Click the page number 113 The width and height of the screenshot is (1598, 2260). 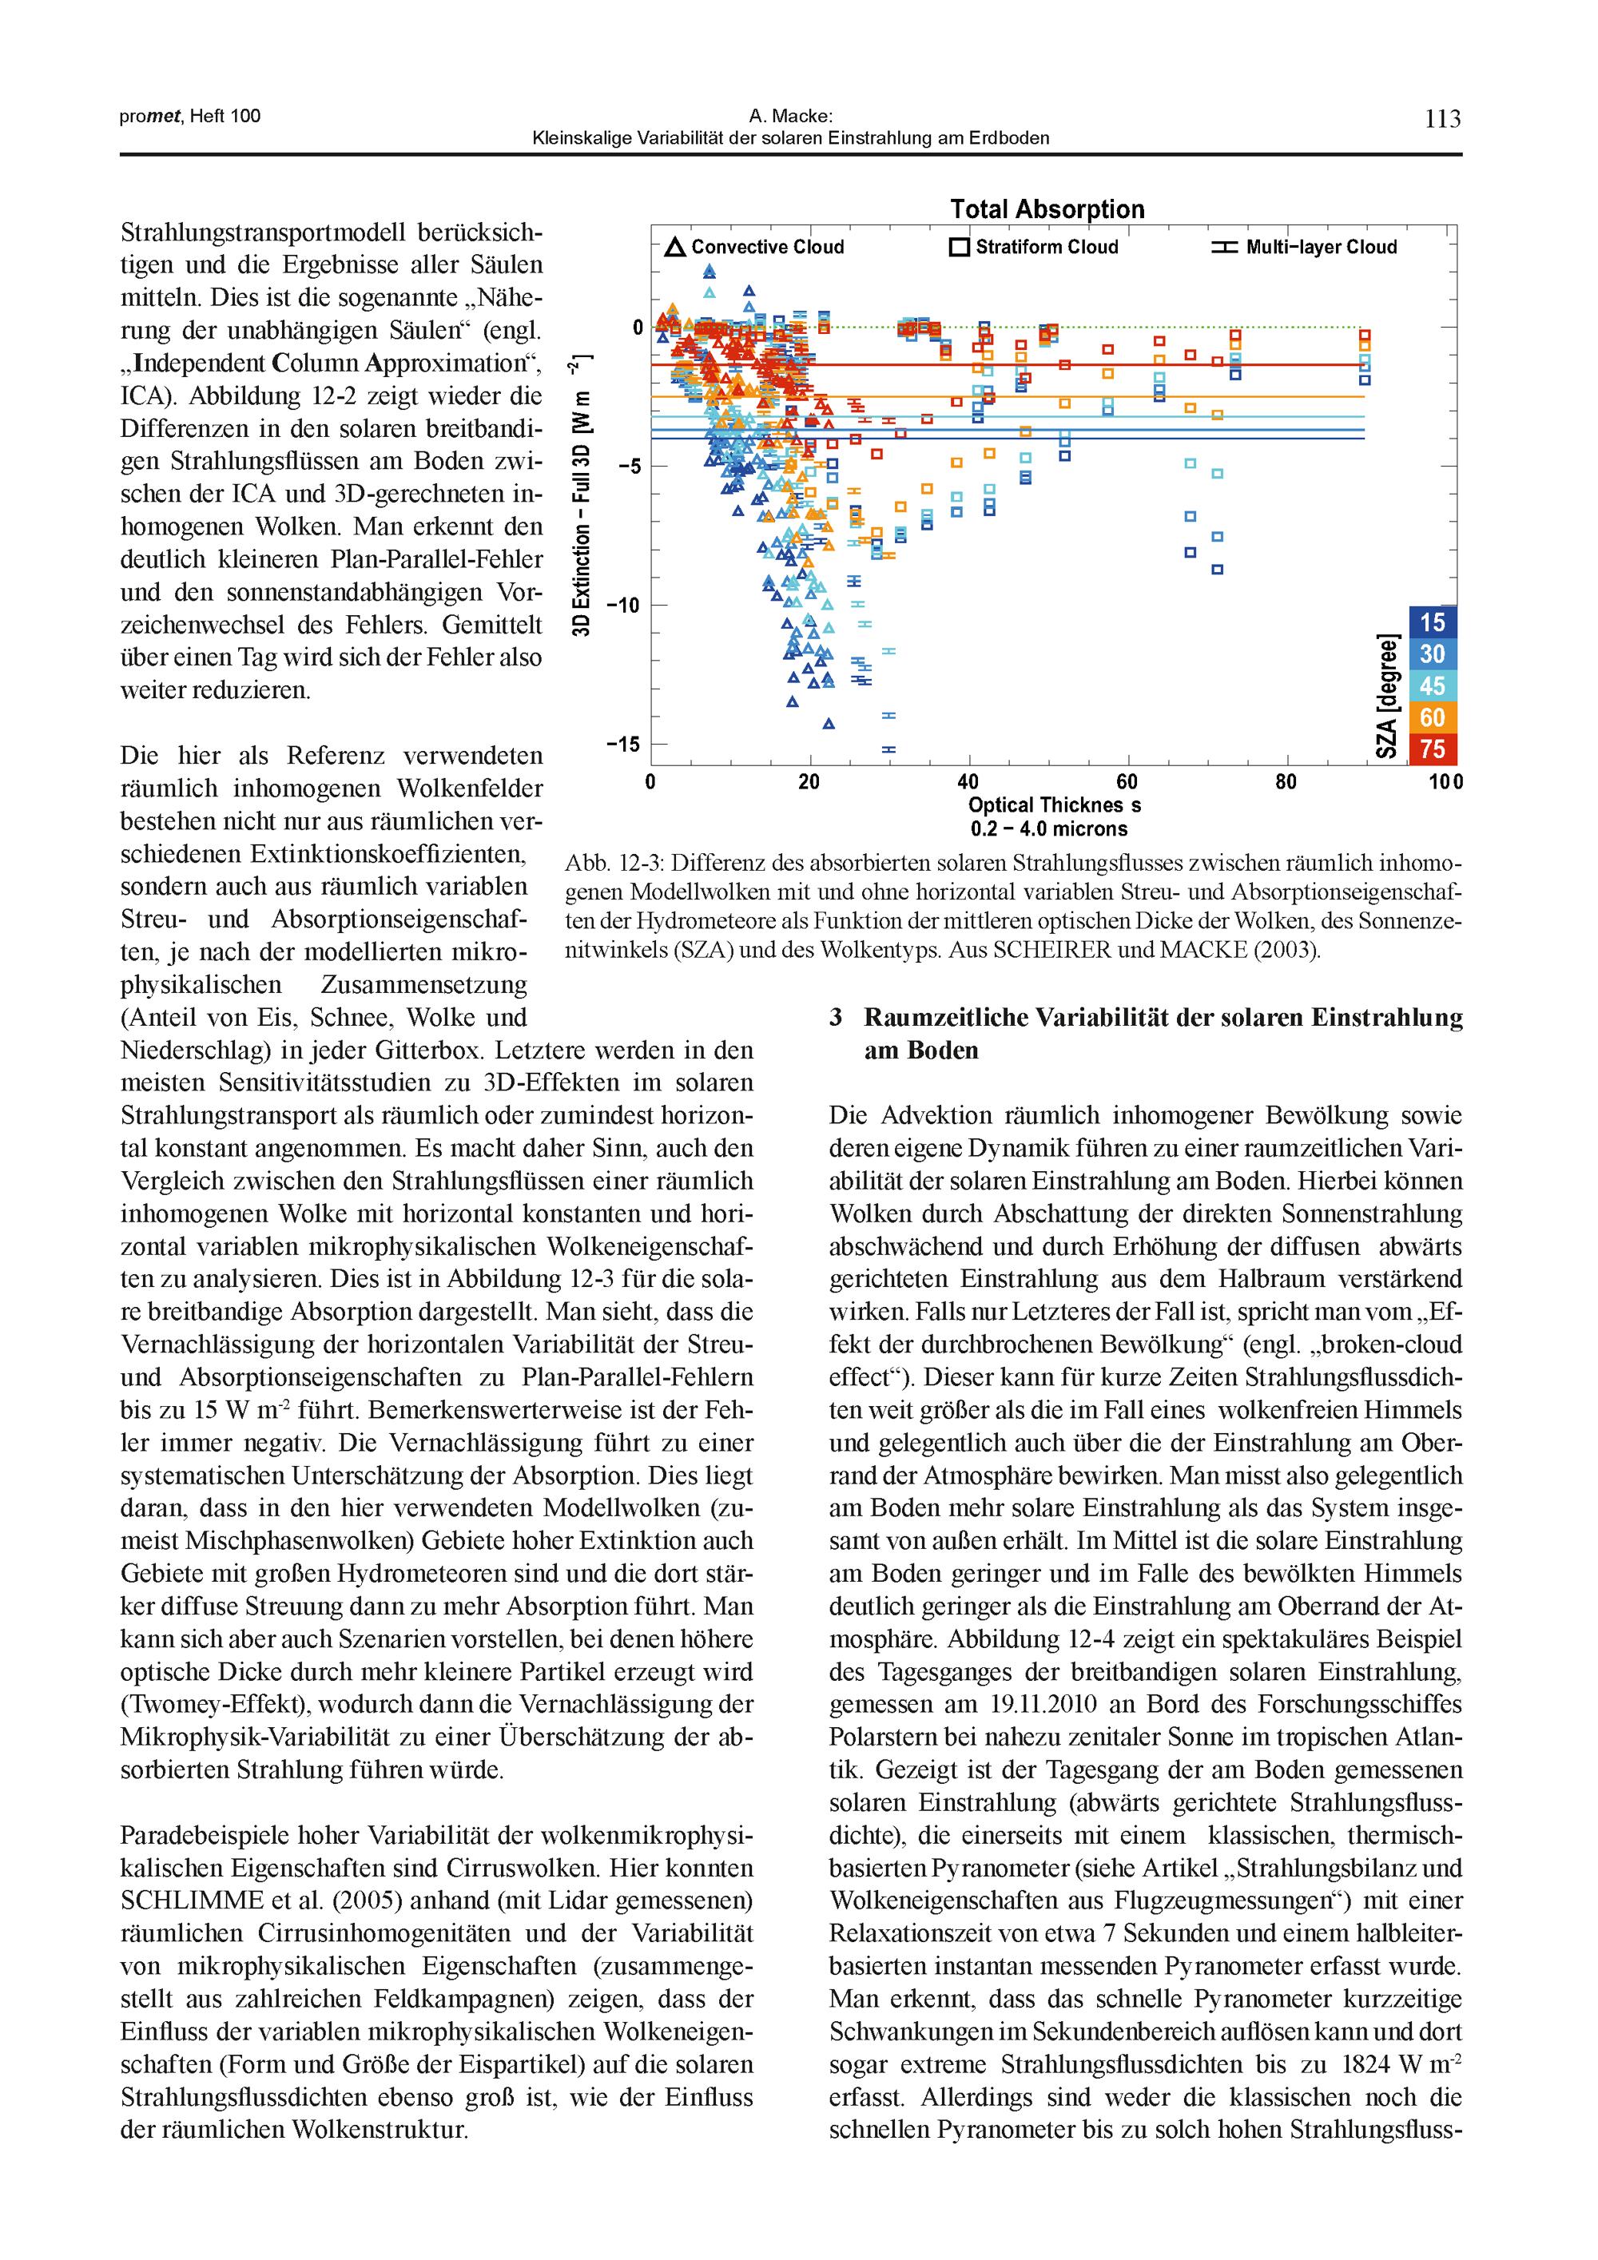click(x=1442, y=119)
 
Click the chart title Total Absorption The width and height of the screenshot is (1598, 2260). click(x=1047, y=209)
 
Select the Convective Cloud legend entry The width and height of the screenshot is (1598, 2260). click(x=755, y=247)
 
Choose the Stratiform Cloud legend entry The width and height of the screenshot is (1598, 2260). click(x=1034, y=247)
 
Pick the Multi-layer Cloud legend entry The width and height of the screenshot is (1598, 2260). click(x=1305, y=247)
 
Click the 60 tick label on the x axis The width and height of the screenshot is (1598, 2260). click(x=1127, y=783)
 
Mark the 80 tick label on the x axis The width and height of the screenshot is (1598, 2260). click(x=1286, y=783)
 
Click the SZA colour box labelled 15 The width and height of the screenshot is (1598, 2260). click(x=1433, y=622)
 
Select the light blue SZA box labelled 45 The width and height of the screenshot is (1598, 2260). click(x=1433, y=686)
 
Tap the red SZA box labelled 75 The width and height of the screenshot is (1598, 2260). click(x=1433, y=749)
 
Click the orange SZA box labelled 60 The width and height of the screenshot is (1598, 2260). click(x=1433, y=717)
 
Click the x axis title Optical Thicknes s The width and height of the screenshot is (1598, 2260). click(x=1055, y=806)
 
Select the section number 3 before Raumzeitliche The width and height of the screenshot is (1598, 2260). click(x=836, y=1018)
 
